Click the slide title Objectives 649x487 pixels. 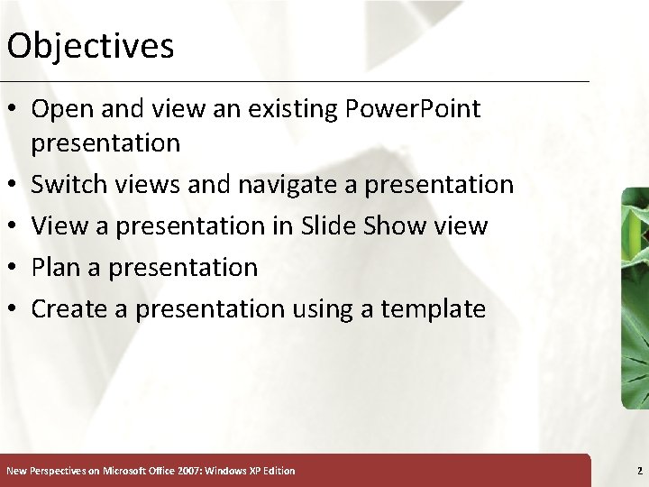tap(89, 46)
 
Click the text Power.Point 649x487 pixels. tap(413, 110)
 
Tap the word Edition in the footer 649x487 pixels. tap(277, 471)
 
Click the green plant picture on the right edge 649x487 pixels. tap(635, 298)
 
